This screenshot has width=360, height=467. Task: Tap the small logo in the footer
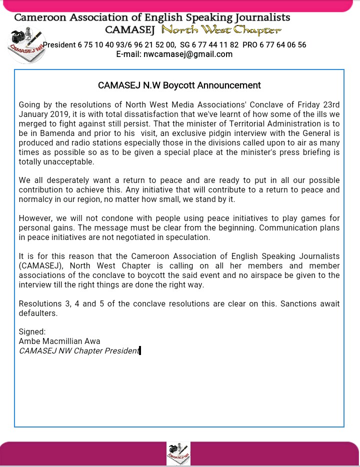pyautogui.click(x=178, y=453)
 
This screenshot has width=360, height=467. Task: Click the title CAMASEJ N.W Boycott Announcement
pyautogui.click(x=179, y=85)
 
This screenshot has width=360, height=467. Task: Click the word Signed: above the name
pyautogui.click(x=32, y=331)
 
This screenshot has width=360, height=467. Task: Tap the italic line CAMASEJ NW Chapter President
pyautogui.click(x=79, y=350)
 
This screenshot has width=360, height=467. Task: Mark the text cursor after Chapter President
pyautogui.click(x=140, y=350)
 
